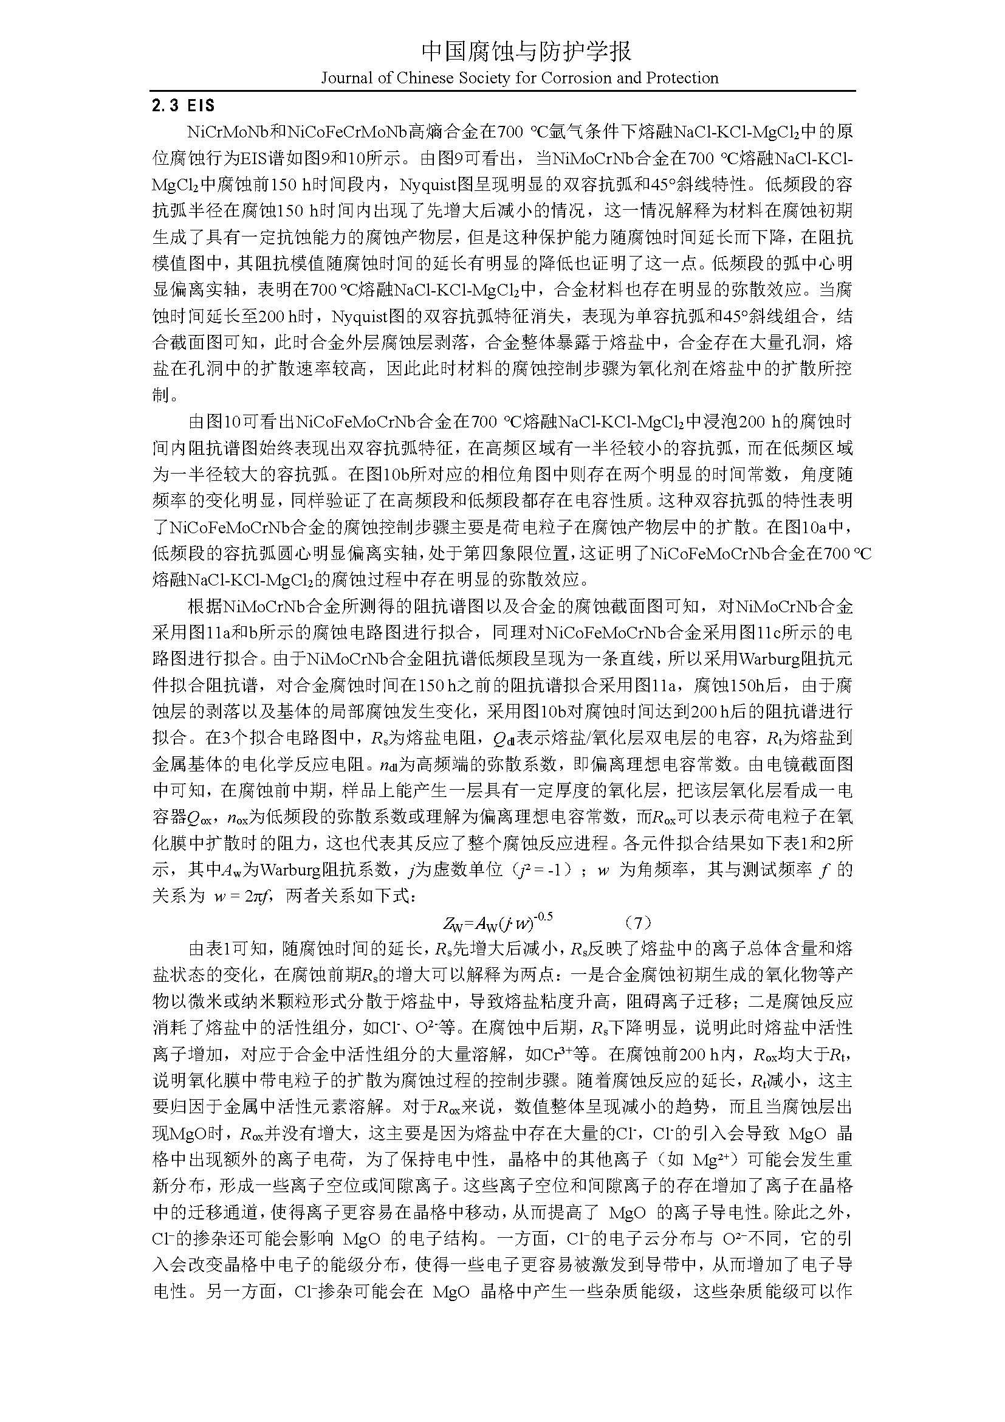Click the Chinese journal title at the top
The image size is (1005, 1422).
pos(526,52)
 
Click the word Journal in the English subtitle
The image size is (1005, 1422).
pos(344,78)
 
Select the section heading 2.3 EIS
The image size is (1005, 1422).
pos(183,106)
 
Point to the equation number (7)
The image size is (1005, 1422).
pos(638,923)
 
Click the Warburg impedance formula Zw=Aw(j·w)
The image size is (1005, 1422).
pos(497,923)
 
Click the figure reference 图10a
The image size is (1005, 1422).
pos(815,528)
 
